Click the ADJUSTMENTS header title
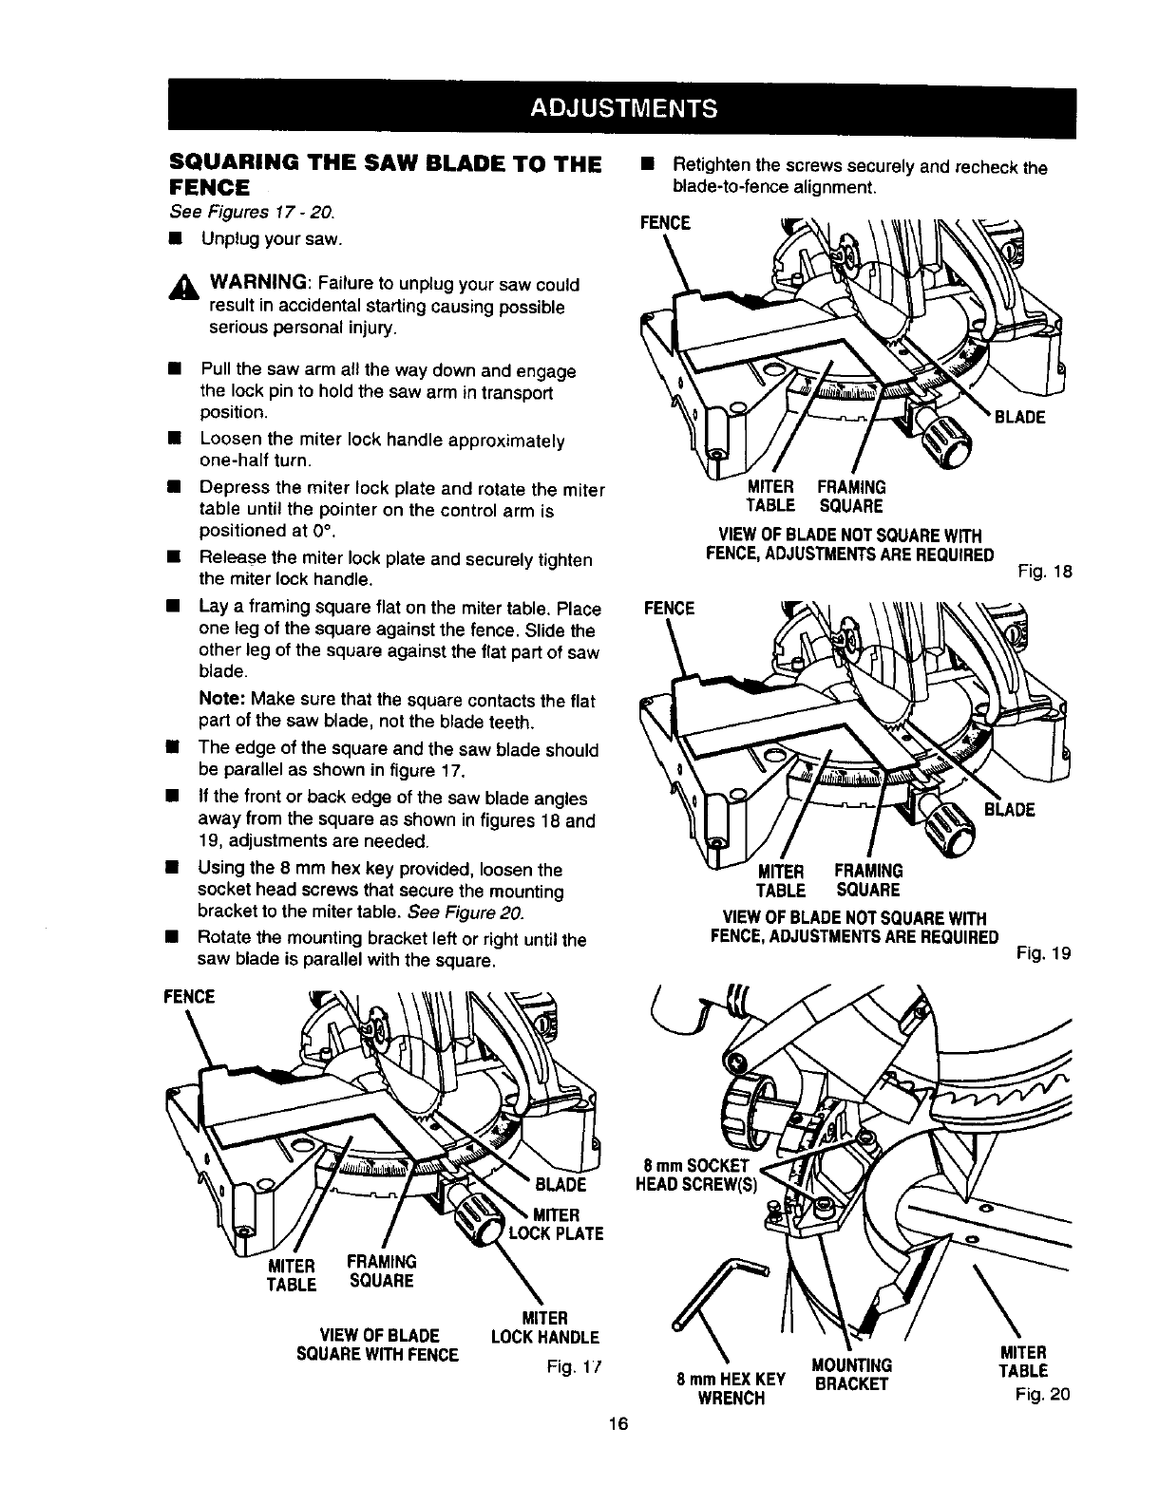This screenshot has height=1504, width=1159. tap(622, 105)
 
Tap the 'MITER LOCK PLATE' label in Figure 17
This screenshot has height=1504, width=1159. tap(557, 1224)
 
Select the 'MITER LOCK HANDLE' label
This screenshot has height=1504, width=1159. tap(544, 1327)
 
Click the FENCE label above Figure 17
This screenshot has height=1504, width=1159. tap(190, 996)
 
